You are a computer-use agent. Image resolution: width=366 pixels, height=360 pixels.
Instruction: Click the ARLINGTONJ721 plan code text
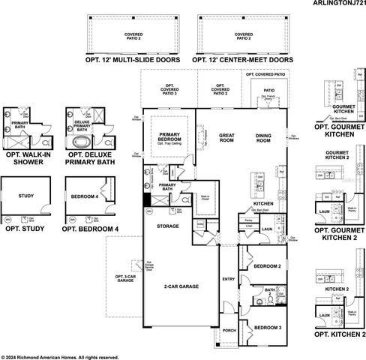(331, 4)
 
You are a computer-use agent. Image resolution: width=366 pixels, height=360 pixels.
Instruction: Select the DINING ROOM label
(263, 137)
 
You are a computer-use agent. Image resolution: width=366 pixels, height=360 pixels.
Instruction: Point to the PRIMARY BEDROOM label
(172, 137)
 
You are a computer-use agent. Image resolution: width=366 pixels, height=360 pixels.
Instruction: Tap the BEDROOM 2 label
(268, 266)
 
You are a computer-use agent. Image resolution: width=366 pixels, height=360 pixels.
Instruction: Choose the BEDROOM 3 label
(267, 327)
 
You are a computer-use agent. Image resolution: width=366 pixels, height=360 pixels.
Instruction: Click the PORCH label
(229, 329)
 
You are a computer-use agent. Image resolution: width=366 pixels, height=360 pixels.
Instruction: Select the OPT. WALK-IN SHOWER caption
(26, 158)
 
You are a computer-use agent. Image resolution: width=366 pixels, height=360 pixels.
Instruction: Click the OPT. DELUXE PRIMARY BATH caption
(90, 158)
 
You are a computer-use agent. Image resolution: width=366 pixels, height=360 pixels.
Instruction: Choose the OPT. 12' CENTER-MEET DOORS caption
(242, 58)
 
